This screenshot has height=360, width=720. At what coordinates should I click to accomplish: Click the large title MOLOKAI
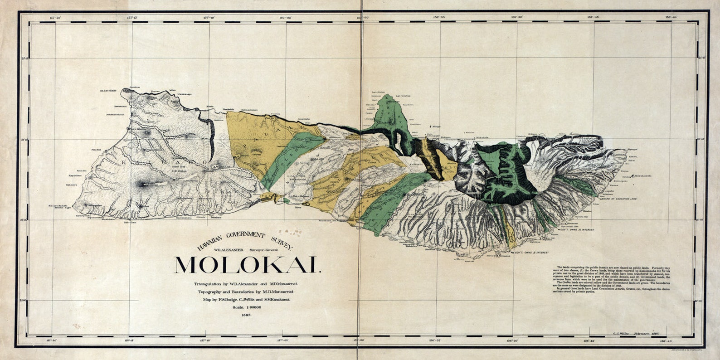point(248,265)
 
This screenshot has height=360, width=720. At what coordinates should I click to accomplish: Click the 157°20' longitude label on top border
point(55,18)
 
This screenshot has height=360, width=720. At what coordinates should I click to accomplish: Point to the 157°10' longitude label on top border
point(209,18)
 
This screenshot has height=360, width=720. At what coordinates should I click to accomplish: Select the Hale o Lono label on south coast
point(130,223)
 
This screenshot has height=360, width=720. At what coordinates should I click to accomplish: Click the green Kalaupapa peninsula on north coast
point(390,113)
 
